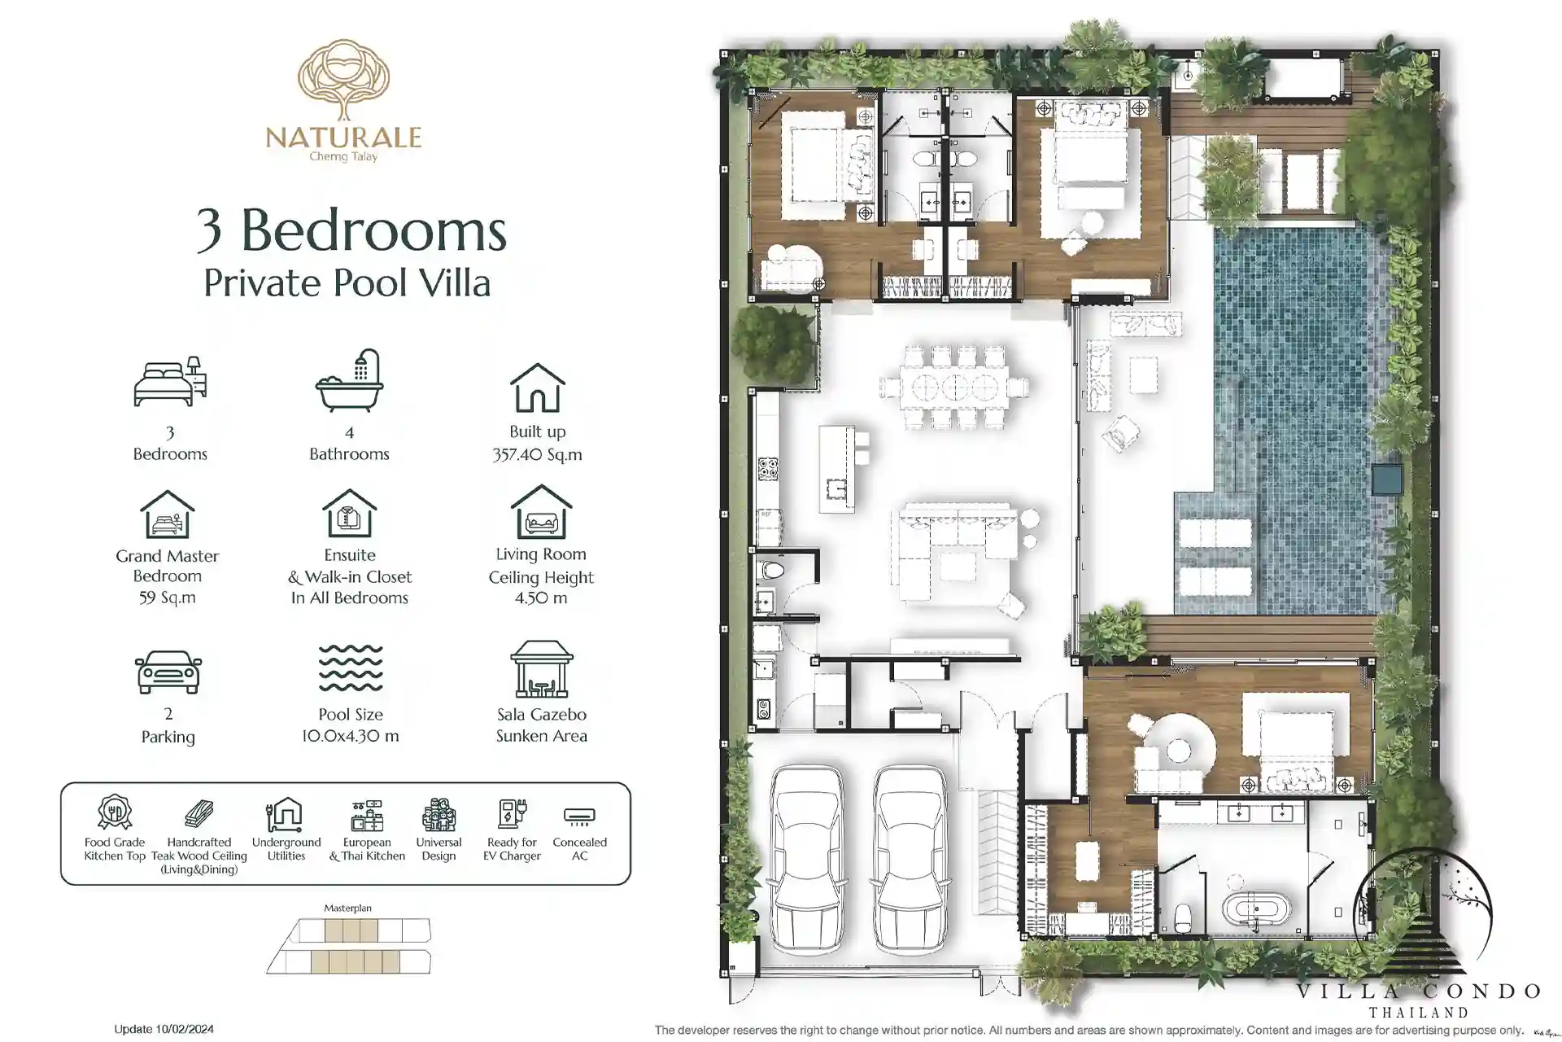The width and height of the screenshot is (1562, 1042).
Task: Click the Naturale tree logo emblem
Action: (x=343, y=80)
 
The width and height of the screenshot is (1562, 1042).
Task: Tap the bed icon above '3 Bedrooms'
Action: (x=170, y=381)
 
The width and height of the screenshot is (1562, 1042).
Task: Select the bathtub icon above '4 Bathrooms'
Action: (x=350, y=380)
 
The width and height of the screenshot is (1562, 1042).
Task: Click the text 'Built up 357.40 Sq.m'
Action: (x=537, y=443)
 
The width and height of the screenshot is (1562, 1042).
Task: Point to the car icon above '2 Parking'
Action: (x=168, y=672)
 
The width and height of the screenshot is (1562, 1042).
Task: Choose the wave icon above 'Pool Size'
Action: (x=351, y=668)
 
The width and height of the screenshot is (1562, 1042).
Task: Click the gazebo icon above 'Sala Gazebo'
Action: (x=542, y=669)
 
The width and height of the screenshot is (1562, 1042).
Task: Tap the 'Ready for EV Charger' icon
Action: (x=512, y=813)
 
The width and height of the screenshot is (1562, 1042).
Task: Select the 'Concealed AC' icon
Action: (x=579, y=815)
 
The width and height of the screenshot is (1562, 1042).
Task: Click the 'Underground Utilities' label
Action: (x=286, y=849)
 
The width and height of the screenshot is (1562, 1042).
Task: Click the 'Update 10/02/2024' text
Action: (x=164, y=1029)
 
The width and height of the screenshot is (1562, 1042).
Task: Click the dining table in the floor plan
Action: (x=954, y=387)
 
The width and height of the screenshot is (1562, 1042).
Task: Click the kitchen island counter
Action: (x=837, y=469)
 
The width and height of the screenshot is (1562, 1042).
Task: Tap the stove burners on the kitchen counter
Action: (x=767, y=468)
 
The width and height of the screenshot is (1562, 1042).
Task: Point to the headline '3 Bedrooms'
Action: (x=351, y=230)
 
